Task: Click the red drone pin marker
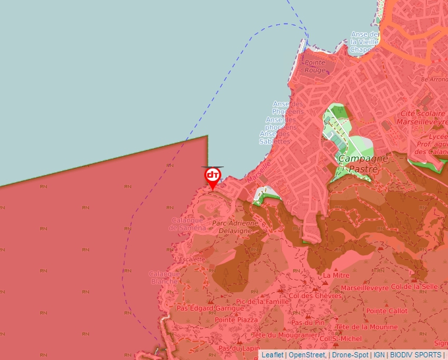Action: pos(213,176)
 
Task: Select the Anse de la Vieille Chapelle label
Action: pos(365,41)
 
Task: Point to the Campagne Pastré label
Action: pos(362,164)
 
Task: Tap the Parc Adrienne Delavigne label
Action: pos(235,227)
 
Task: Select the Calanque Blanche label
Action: pos(163,277)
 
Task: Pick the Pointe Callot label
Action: pos(387,311)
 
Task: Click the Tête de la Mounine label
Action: pos(366,327)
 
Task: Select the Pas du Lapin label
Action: pos(237,348)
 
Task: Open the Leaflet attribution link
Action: pos(273,355)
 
